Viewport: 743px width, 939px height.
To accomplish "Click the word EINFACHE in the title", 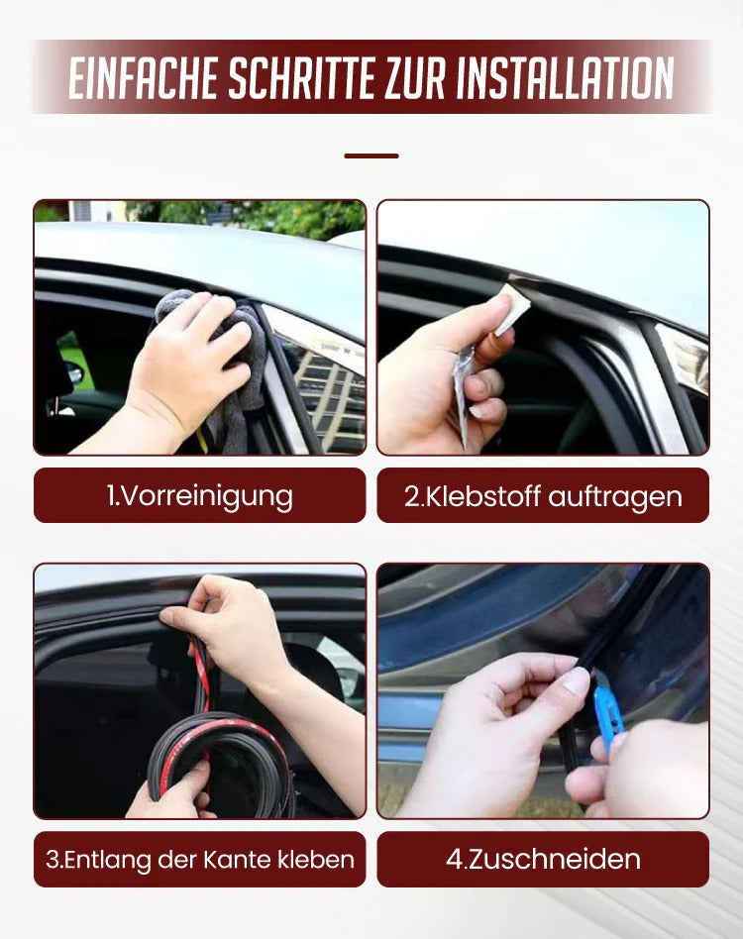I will (x=143, y=77).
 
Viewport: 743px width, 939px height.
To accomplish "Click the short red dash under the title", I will (x=371, y=156).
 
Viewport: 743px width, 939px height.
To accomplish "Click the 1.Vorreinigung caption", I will (x=199, y=495).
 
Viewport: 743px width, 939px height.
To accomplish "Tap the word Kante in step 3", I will (x=243, y=859).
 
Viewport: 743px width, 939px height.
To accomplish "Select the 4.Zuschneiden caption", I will (x=543, y=859).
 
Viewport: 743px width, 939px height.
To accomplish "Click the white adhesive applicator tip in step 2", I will (x=513, y=307).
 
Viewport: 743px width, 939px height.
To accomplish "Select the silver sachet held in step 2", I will (x=464, y=391).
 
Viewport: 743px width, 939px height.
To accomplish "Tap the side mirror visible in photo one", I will (x=74, y=374).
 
